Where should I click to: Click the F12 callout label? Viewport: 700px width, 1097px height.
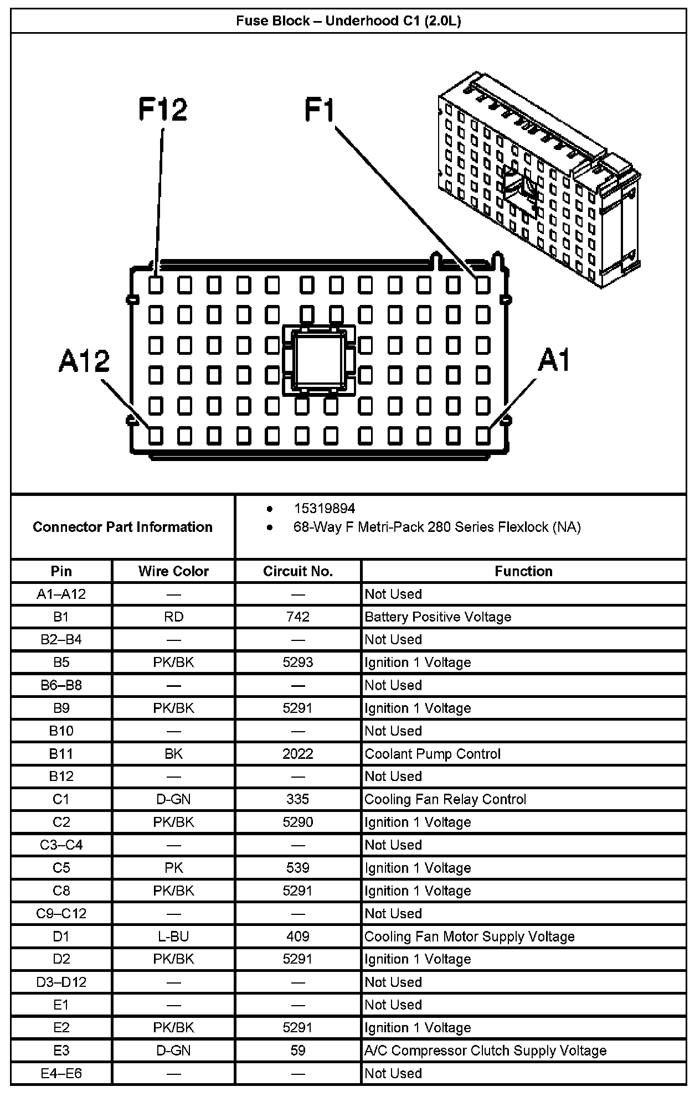[x=162, y=110]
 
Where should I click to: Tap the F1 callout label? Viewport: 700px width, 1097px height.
[x=320, y=110]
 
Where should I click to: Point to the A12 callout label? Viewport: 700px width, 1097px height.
[x=84, y=361]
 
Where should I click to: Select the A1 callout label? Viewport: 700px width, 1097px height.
[x=554, y=361]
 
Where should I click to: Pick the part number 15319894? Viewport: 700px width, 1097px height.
[x=325, y=508]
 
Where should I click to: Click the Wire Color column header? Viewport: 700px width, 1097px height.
[x=173, y=571]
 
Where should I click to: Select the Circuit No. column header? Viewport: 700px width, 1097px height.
[x=298, y=571]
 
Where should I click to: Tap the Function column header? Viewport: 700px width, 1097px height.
[x=523, y=571]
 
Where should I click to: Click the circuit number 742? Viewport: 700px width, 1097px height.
[x=298, y=617]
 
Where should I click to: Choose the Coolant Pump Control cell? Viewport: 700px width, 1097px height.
[x=433, y=754]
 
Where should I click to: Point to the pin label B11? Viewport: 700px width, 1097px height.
[x=61, y=754]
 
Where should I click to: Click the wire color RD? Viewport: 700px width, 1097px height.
[x=173, y=617]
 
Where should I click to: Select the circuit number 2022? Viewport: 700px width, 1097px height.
[x=298, y=754]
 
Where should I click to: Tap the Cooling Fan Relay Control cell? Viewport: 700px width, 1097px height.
[x=445, y=799]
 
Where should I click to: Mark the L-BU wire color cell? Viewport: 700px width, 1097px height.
[x=173, y=936]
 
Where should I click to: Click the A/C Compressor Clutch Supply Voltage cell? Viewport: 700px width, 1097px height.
[x=486, y=1051]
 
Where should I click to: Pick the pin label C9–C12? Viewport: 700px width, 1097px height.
[x=61, y=913]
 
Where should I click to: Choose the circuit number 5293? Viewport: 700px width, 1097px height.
[x=298, y=663]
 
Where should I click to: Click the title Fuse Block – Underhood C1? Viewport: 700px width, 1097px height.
[x=349, y=21]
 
